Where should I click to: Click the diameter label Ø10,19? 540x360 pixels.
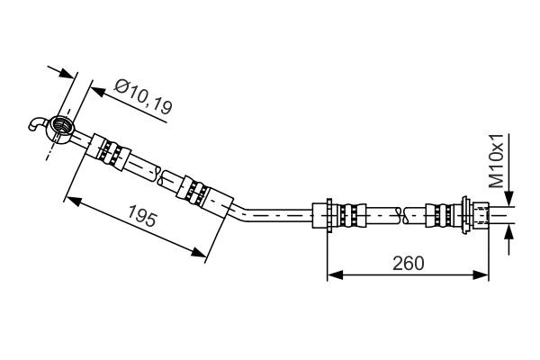tap(144, 96)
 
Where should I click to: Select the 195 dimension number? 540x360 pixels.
tap(138, 219)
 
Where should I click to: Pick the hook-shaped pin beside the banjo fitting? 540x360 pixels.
tap(36, 124)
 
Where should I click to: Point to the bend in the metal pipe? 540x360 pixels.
tap(236, 211)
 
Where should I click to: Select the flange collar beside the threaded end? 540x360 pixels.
tap(467, 214)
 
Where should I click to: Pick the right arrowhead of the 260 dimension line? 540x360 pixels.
tap(486, 274)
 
